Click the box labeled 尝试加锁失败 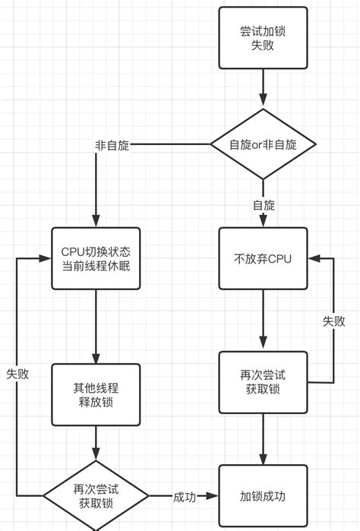tap(263, 38)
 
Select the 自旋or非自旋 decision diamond tap(263, 144)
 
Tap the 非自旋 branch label tap(112, 145)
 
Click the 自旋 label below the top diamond tap(264, 205)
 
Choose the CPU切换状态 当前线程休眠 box tap(96, 258)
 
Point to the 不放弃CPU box tap(263, 258)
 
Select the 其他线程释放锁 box tap(96, 394)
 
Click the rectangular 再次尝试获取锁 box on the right tap(263, 382)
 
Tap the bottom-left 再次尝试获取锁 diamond tap(96, 496)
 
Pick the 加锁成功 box tap(263, 497)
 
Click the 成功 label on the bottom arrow tap(185, 497)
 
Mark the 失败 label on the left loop tap(17, 374)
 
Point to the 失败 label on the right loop tap(333, 321)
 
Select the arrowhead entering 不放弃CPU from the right tap(312, 258)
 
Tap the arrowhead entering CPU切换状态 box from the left tap(47, 258)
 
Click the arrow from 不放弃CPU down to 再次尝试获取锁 tap(263, 319)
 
